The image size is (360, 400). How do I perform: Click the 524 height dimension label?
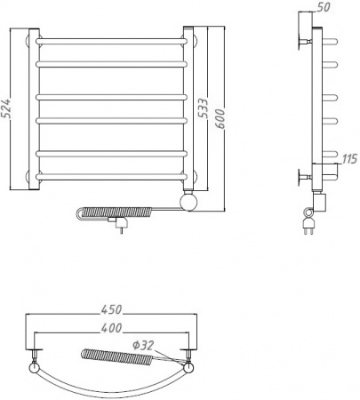click(7, 108)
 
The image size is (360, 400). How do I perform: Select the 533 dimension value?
click(204, 108)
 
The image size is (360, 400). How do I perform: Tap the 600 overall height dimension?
click(220, 119)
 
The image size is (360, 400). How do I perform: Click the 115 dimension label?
click(350, 159)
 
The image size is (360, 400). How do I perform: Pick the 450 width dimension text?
click(111, 309)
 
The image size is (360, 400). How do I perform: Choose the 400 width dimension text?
click(111, 328)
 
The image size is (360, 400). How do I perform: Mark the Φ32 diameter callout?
click(143, 345)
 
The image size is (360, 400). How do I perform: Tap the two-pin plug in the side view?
click(308, 223)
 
